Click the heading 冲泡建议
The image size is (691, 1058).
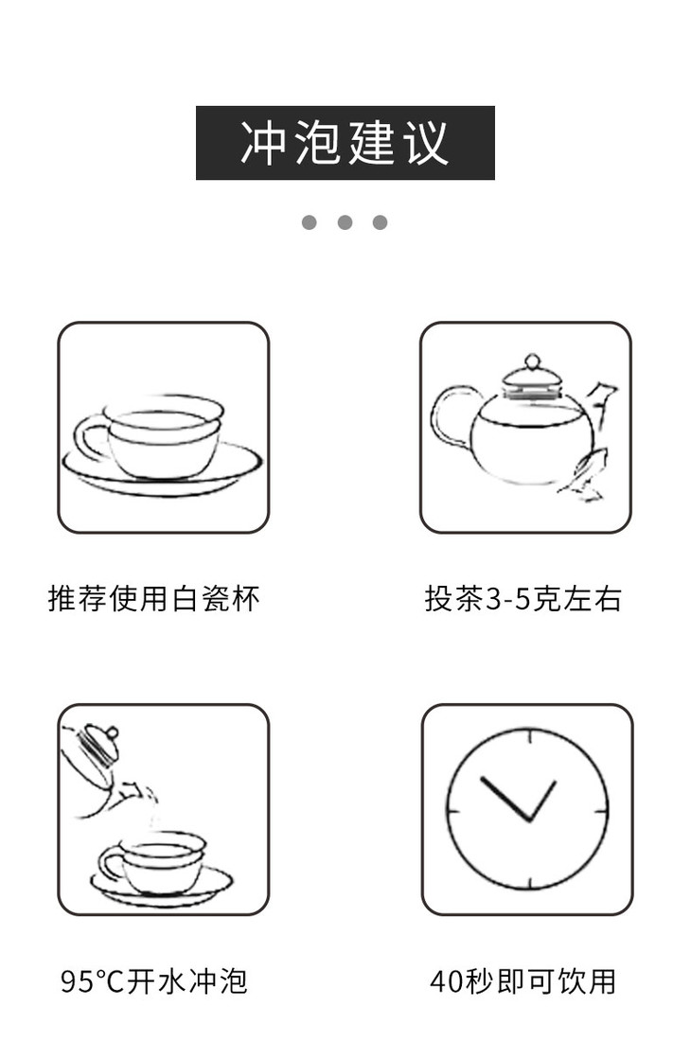345,142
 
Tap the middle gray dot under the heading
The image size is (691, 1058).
345,222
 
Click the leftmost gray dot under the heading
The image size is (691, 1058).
310,222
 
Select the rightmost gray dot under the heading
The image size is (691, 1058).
380,222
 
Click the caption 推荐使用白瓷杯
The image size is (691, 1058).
154,598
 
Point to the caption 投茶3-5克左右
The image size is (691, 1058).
523,598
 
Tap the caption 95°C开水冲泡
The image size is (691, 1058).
154,981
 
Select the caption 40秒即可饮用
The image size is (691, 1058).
523,981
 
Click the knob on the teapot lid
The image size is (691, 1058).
532,361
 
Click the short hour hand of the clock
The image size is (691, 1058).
542,801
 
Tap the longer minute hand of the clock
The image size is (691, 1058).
505,798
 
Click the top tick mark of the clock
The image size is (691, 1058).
530,736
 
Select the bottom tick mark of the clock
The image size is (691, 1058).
530,883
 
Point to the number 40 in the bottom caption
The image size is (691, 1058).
447,981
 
